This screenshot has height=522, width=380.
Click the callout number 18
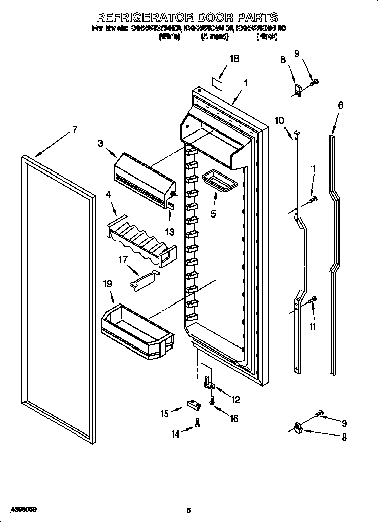click(x=233, y=59)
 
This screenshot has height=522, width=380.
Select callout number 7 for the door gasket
click(x=74, y=129)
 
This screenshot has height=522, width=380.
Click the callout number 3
click(x=100, y=144)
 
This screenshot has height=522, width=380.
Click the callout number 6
click(x=340, y=105)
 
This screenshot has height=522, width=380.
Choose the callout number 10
click(x=279, y=120)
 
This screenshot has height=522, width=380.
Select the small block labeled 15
click(x=192, y=404)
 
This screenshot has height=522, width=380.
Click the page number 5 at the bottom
click(x=188, y=510)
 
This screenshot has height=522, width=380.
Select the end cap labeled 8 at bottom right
click(x=299, y=429)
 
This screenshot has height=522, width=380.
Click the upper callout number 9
click(x=297, y=54)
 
